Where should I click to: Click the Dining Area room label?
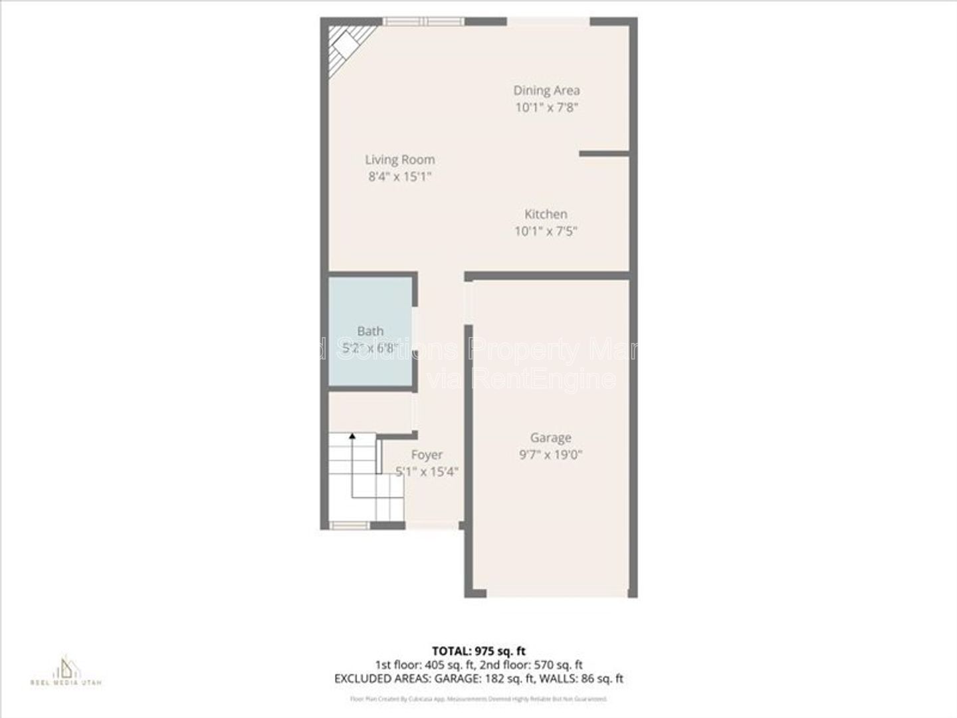(546, 90)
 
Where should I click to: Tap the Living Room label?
(399, 160)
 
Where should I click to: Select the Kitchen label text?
(546, 214)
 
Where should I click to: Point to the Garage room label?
(550, 437)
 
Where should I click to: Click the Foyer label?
(427, 455)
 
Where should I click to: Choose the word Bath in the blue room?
(370, 330)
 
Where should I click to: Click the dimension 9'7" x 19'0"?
(551, 455)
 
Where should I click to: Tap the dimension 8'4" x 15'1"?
(400, 177)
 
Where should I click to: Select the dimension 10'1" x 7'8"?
(546, 108)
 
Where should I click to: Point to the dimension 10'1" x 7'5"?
(546, 231)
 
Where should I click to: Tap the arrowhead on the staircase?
(352, 436)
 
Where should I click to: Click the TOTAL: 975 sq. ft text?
(478, 651)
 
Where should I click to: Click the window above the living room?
(424, 21)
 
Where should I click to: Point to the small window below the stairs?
(350, 525)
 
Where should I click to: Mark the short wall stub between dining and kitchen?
(603, 154)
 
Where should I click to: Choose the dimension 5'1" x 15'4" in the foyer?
(427, 472)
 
